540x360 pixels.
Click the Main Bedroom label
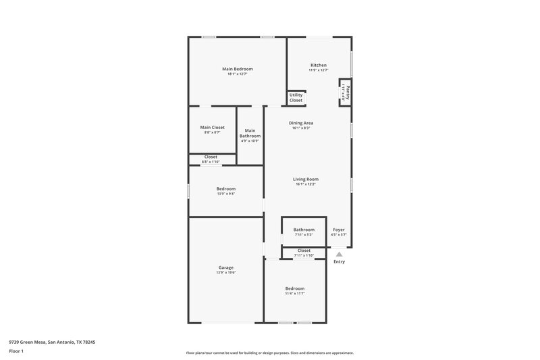click(238, 69)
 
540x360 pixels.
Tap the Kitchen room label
click(318, 66)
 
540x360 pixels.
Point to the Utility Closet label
click(296, 98)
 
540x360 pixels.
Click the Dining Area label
click(301, 123)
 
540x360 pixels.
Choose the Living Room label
click(305, 179)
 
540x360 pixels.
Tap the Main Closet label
click(212, 127)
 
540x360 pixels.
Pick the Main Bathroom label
click(250, 133)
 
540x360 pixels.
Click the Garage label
click(225, 267)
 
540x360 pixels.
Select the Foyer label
click(339, 230)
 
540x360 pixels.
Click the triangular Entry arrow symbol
click(339, 254)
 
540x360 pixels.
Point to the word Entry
click(339, 261)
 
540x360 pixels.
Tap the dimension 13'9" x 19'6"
click(225, 273)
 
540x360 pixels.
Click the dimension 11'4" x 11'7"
click(294, 293)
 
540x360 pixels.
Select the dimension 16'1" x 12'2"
click(305, 184)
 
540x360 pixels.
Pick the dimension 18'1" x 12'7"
click(238, 74)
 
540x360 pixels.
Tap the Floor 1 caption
click(16, 352)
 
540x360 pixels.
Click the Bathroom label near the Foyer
click(304, 230)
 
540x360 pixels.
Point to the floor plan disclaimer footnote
click(269, 353)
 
